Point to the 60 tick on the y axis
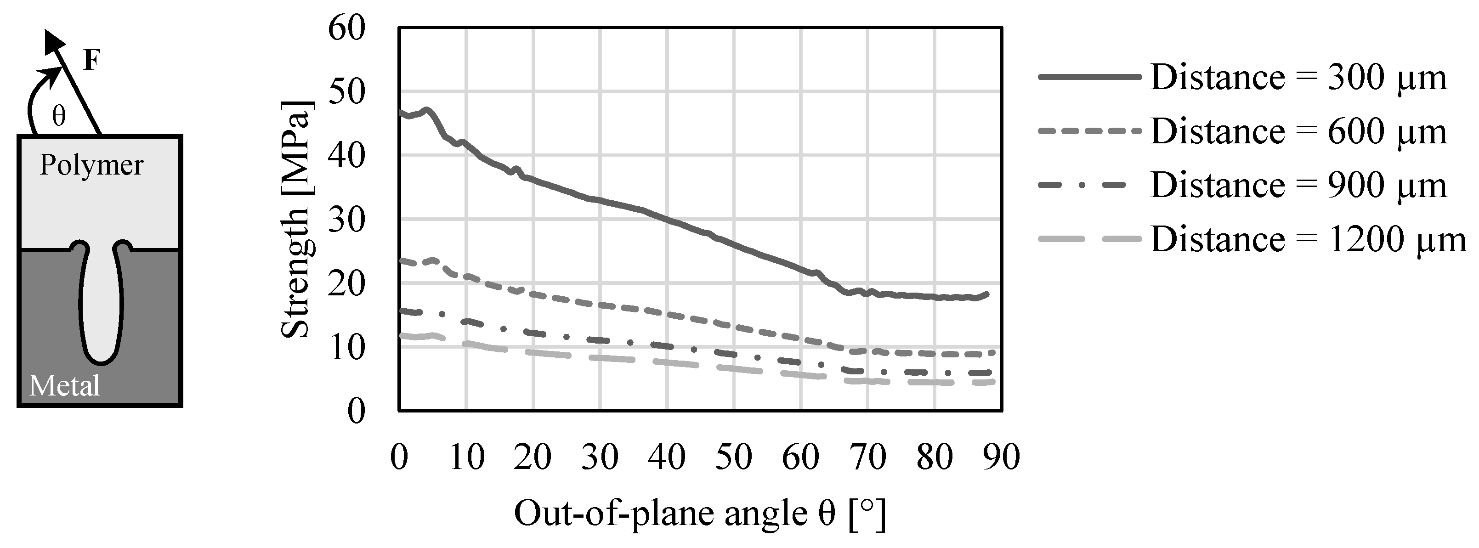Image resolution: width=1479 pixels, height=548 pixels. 346,28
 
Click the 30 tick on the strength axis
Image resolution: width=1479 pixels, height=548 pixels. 346,219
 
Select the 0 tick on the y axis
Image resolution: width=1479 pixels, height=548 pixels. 356,411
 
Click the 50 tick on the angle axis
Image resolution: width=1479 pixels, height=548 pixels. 734,458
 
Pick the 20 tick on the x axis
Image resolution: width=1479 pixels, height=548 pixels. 533,458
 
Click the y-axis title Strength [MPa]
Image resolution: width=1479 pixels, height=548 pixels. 296,219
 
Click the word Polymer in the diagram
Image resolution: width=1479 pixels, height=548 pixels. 91,165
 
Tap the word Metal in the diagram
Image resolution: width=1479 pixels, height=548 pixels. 64,385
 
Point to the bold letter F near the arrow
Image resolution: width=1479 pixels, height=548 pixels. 92,60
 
